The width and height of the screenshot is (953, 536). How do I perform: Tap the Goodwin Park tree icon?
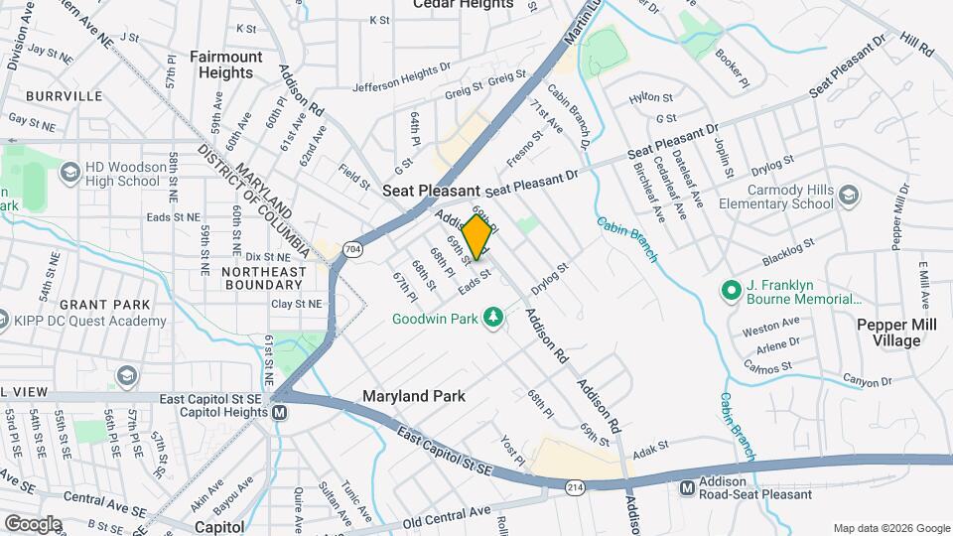[490, 319]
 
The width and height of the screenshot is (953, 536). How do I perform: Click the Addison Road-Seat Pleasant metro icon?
[688, 487]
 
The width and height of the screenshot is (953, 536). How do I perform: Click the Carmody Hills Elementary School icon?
[848, 196]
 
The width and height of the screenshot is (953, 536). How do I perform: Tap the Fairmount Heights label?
[225, 65]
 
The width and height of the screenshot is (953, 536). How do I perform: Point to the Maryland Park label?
[414, 396]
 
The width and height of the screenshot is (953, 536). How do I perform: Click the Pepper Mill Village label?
[889, 333]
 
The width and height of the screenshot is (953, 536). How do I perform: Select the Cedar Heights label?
[464, 4]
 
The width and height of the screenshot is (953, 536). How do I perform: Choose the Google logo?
[32, 523]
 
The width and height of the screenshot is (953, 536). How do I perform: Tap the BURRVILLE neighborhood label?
[65, 96]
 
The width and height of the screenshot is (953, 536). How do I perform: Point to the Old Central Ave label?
[447, 516]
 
